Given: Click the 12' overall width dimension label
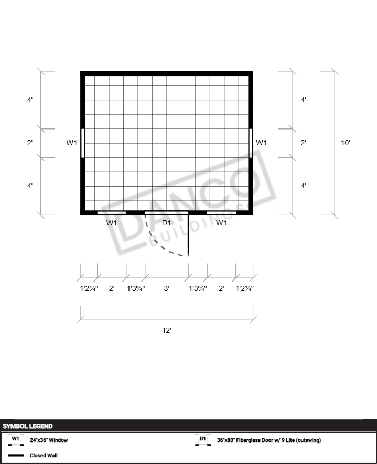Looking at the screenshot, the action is pyautogui.click(x=167, y=330).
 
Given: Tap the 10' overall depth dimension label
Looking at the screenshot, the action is pyautogui.click(x=346, y=143).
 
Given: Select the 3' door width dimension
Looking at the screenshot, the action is pyautogui.click(x=167, y=288).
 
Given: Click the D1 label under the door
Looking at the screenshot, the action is pyautogui.click(x=167, y=223).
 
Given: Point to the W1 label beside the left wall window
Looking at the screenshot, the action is pyautogui.click(x=72, y=143).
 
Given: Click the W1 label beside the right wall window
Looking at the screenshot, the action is pyautogui.click(x=261, y=143).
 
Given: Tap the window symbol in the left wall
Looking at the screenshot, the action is pyautogui.click(x=82, y=143).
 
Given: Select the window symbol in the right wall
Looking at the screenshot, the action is pyautogui.click(x=251, y=143).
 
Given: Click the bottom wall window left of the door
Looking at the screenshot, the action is pyautogui.click(x=112, y=213).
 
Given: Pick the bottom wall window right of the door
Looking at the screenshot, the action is pyautogui.click(x=221, y=213).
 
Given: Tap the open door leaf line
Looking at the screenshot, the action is pyautogui.click(x=189, y=235).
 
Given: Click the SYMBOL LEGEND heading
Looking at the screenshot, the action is pyautogui.click(x=27, y=426).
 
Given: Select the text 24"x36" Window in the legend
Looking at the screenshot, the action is pyautogui.click(x=49, y=440).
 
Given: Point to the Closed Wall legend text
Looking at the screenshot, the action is pyautogui.click(x=44, y=455).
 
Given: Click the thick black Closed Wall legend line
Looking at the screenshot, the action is pyautogui.click(x=16, y=455).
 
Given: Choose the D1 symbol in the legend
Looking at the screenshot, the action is pyautogui.click(x=203, y=440).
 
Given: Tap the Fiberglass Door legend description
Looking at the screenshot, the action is pyautogui.click(x=268, y=440).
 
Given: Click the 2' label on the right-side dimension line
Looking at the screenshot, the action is pyautogui.click(x=303, y=143).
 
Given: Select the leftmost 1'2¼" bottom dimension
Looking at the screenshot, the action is pyautogui.click(x=89, y=288).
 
